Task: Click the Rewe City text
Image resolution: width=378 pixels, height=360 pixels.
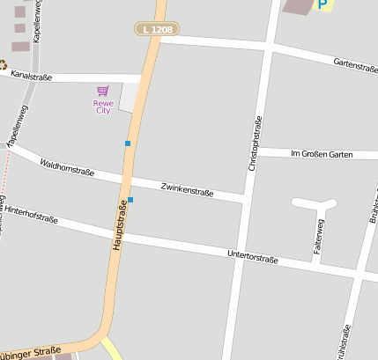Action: click(103, 107)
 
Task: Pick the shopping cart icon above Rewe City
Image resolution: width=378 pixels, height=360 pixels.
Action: click(103, 91)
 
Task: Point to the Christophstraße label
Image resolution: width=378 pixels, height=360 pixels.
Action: click(254, 143)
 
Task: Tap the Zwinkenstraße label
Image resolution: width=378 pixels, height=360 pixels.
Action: click(188, 187)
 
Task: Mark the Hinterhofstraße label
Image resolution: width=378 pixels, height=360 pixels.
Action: click(31, 215)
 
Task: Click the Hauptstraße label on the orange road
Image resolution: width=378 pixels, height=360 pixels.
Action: click(120, 224)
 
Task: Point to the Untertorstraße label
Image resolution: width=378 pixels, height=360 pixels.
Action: click(252, 257)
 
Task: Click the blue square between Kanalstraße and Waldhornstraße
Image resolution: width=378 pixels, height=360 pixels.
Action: click(128, 143)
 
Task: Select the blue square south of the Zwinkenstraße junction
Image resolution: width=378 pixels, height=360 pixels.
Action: click(130, 200)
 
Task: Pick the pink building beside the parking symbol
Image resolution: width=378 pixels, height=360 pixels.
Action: click(300, 5)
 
